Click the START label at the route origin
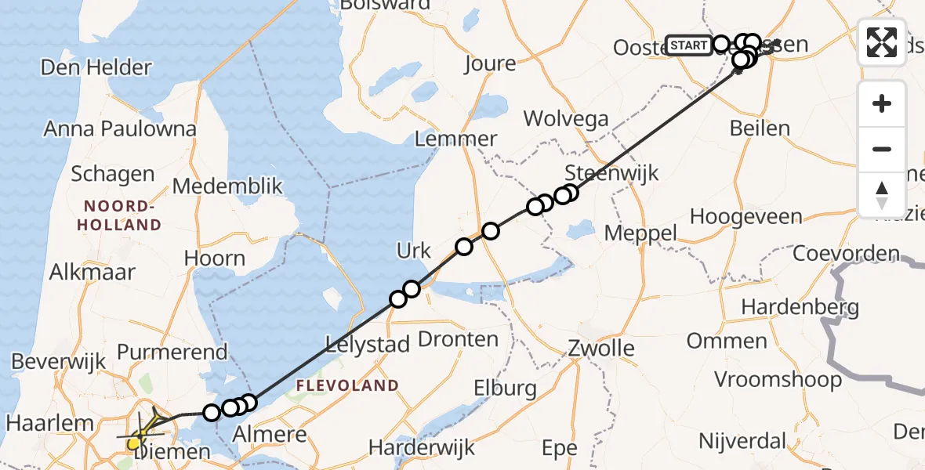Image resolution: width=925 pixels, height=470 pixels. pos(688,45)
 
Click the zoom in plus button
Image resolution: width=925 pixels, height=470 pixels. pos(882,103)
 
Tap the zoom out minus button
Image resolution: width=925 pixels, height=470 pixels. pos(882,149)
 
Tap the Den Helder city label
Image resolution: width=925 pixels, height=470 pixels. pos(96,67)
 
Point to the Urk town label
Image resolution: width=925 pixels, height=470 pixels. pos(414,251)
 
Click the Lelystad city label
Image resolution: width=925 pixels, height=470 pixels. pos(368,344)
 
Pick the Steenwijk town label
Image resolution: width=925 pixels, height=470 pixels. pos(600,172)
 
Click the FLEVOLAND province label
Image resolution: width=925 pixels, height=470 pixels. pos(347,385)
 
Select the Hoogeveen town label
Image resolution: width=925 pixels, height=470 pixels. pos(745,216)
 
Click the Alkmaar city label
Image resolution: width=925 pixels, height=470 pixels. pos(92,272)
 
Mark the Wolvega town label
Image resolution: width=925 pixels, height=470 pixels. pos(566,118)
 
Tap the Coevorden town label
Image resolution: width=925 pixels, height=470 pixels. pos(845,254)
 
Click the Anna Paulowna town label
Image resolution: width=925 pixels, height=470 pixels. pos(120,128)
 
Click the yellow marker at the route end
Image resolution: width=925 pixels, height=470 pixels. pos(134,443)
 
